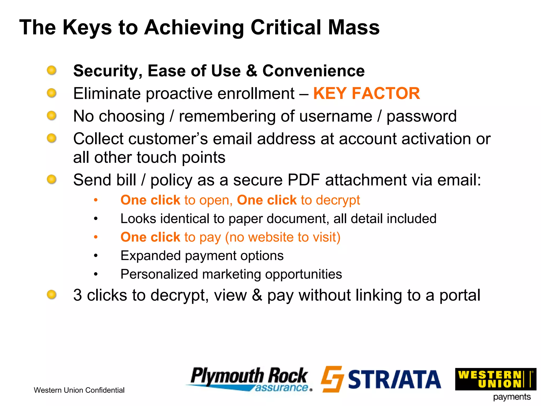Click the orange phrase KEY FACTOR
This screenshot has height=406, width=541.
coord(366,93)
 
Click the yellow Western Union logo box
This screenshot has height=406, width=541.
coord(495,379)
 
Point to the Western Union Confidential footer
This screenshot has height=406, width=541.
coord(79,390)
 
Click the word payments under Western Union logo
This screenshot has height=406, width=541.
coord(512,397)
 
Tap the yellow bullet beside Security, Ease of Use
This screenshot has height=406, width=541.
coord(52,70)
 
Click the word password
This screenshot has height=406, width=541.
coord(422,116)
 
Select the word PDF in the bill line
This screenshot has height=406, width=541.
coord(304,180)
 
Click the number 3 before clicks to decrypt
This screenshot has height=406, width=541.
coord(77,295)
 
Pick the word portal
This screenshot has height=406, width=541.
coord(460,295)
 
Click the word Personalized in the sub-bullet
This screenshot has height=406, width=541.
coord(159,274)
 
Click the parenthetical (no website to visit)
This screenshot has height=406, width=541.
coord(283,237)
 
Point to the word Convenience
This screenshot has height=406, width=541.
coord(313,71)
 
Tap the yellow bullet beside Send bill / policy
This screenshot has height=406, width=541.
coord(52,179)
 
